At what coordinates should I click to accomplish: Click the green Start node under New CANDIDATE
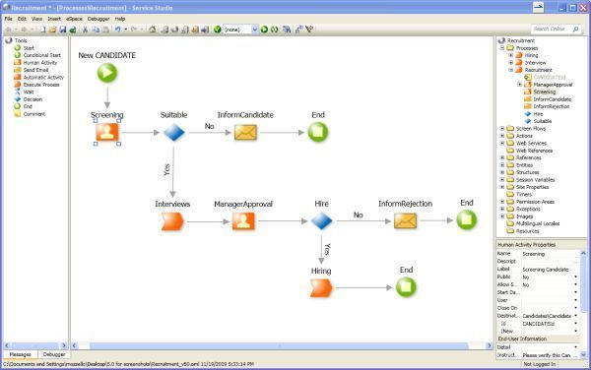pos(107,72)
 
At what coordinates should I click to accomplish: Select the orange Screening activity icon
pos(106,132)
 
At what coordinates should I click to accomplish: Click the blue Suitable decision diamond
pos(173,132)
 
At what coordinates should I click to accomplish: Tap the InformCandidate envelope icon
pos(245,132)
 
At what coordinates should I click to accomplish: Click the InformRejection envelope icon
pos(405,220)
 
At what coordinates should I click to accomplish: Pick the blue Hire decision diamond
pos(321,220)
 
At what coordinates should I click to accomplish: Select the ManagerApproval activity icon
pos(241,220)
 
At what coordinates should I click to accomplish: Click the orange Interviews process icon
pos(171,220)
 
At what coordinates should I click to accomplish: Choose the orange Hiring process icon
pos(322,286)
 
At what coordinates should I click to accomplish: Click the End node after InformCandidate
pos(317,132)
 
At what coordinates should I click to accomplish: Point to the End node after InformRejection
pos(466,220)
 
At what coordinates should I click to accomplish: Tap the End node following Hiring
pos(406,286)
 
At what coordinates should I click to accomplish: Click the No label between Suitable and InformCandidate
pos(209,126)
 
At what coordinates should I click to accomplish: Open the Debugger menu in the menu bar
pos(98,19)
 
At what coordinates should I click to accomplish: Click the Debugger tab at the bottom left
pos(53,353)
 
